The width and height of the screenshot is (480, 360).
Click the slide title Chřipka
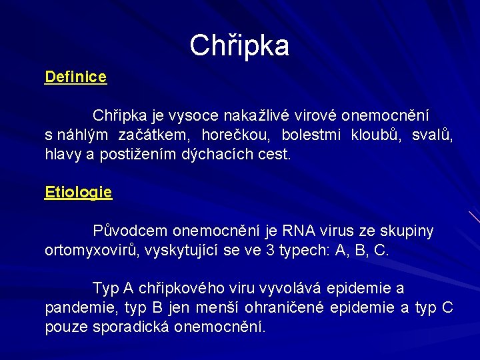pyautogui.click(x=239, y=45)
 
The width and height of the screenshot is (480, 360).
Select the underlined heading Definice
pyautogui.click(x=75, y=77)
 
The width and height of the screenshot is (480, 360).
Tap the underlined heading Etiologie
pyautogui.click(x=78, y=193)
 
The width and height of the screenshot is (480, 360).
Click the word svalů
pyautogui.click(x=432, y=135)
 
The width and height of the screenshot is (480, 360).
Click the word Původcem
pyautogui.click(x=130, y=231)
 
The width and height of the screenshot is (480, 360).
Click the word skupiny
pyautogui.click(x=407, y=231)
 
